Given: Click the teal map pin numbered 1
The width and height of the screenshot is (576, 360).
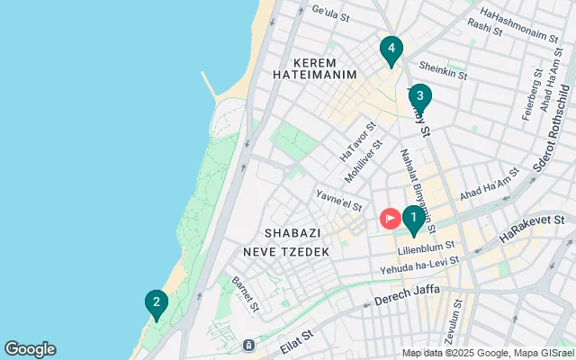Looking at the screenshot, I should tap(413, 219).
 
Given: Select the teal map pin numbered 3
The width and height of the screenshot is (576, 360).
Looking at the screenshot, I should tap(419, 96).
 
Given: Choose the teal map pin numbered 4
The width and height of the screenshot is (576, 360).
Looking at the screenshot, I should tap(391, 49).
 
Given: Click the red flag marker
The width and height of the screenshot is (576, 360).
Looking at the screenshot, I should tap(391, 218).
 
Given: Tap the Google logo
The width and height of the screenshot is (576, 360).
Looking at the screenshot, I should tap(30, 349).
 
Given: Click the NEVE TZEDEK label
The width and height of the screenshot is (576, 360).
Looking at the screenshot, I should tap(292, 252).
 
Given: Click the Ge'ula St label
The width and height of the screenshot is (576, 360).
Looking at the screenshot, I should tap(329, 11).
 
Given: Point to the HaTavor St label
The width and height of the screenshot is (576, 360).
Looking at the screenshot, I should tap(357, 143).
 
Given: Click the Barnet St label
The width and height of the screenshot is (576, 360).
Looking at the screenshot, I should tap(244, 292).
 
